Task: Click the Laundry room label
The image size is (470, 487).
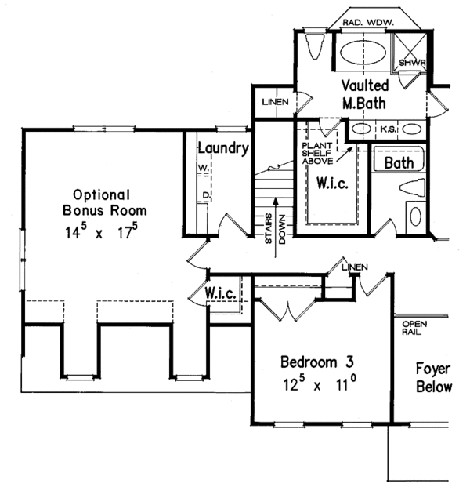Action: point(223,147)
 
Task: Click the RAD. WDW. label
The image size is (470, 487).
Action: point(369,24)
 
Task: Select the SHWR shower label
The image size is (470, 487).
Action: point(410,62)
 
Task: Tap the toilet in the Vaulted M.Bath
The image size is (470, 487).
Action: point(315,48)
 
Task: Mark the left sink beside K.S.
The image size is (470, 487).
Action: point(362,128)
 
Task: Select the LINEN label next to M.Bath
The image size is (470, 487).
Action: point(276,102)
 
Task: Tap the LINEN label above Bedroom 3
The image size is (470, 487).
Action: point(355,267)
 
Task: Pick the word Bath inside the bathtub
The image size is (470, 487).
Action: point(399,163)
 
